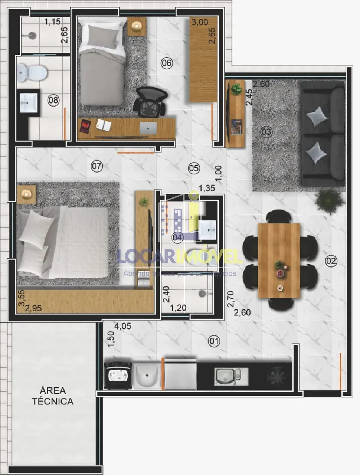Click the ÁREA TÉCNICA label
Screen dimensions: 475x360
52,396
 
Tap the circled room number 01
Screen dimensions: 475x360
214,341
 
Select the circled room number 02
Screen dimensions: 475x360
331,261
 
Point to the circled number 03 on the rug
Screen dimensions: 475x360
266,132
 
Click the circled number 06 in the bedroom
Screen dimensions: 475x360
167,63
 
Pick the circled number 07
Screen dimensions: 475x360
96,166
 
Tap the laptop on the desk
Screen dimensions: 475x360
148,128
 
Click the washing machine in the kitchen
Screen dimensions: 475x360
118,375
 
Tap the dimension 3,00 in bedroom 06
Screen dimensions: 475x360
200,22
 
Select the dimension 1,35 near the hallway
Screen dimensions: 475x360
207,188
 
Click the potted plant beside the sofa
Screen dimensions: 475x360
328,201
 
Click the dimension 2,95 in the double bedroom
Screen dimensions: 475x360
33,307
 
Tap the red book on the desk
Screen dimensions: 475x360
85,127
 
